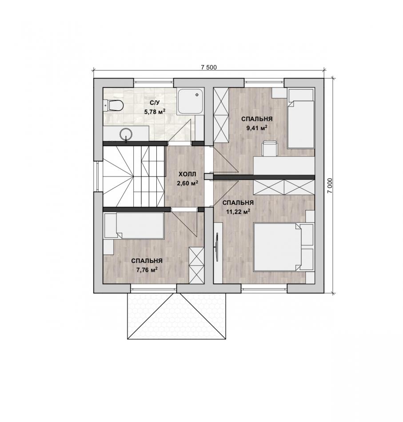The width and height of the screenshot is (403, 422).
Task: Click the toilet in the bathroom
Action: [114, 105]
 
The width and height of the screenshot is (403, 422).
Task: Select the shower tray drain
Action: [197, 95]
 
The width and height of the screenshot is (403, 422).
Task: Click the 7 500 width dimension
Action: [209, 67]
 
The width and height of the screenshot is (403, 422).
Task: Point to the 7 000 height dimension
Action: [330, 185]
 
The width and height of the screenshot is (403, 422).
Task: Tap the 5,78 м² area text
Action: [155, 111]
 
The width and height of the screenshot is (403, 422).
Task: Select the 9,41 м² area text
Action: [257, 128]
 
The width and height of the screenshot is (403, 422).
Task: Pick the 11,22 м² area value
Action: [238, 211]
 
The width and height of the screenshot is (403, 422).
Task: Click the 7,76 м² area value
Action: [147, 270]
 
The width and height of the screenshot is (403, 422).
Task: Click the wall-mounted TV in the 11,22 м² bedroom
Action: [216, 246]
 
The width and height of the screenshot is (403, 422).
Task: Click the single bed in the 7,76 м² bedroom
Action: [134, 225]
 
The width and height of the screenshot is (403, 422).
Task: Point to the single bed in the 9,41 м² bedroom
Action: [301, 119]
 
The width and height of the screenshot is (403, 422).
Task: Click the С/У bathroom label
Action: [155, 103]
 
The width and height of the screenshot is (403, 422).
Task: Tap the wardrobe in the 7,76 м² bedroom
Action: [196, 265]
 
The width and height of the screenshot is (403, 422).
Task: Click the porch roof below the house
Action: [176, 316]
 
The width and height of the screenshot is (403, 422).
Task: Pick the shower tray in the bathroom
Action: [190, 101]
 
